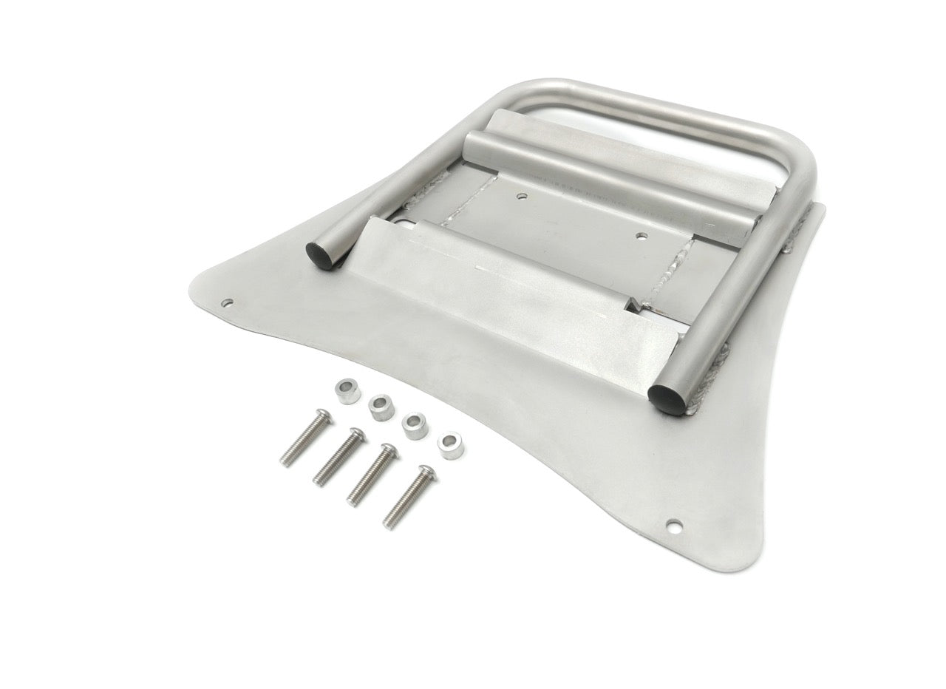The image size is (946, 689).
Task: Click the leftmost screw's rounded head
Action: (x=321, y=416)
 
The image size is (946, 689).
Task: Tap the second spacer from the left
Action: (x=381, y=406)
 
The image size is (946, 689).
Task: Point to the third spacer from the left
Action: (x=415, y=426)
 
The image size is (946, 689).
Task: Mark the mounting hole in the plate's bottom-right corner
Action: (x=673, y=525)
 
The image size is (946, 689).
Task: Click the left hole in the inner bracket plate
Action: (x=523, y=197)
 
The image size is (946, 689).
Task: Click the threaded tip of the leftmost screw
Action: (x=285, y=461)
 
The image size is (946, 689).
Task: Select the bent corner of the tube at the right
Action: (x=802, y=159)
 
